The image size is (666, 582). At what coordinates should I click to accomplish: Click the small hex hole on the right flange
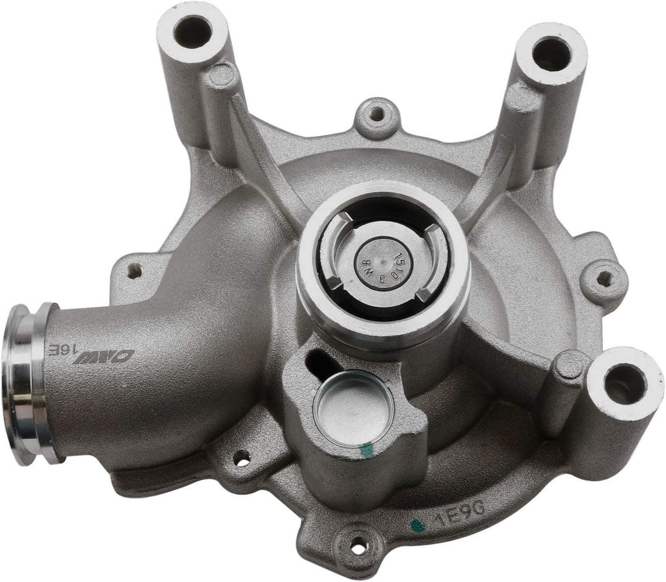pyautogui.click(x=603, y=278)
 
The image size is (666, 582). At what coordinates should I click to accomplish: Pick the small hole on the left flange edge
pyautogui.click(x=135, y=269)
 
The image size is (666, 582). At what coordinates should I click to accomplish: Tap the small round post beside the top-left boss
pyautogui.click(x=222, y=76)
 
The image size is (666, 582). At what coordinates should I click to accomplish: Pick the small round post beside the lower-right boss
pyautogui.click(x=570, y=365)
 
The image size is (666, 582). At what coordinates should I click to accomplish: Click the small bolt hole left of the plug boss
pyautogui.click(x=242, y=458)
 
